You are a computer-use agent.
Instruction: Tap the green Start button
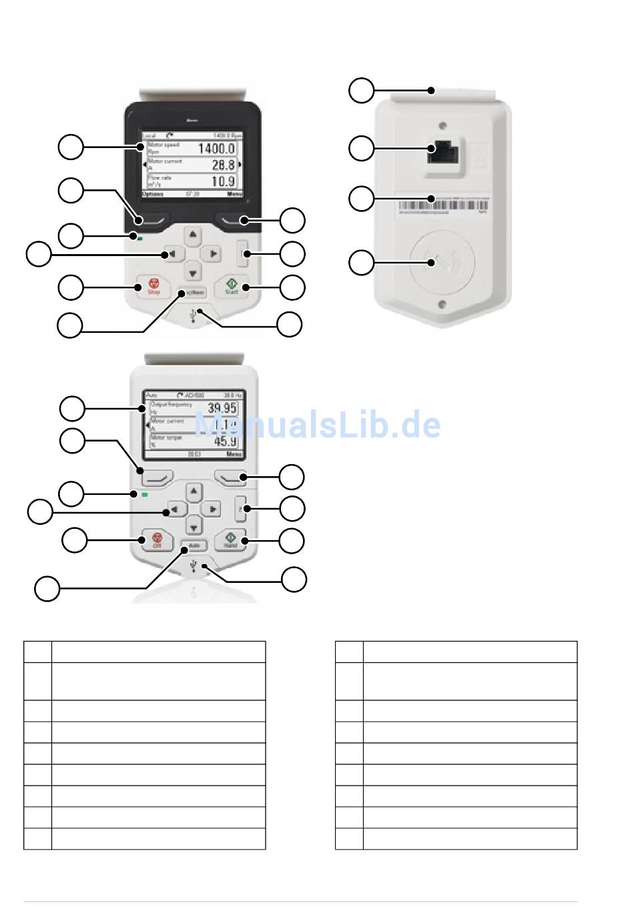(x=232, y=287)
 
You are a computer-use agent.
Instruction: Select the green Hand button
(x=231, y=540)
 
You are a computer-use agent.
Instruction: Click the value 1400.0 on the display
(x=216, y=149)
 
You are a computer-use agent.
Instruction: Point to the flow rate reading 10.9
(x=223, y=181)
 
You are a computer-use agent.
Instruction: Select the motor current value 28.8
(x=223, y=165)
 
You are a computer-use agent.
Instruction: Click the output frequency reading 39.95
(x=222, y=408)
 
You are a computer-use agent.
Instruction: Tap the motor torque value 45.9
(x=225, y=441)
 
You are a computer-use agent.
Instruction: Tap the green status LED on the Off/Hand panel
(x=144, y=495)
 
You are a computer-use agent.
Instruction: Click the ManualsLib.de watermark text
(x=318, y=425)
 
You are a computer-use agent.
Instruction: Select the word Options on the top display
(x=153, y=194)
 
